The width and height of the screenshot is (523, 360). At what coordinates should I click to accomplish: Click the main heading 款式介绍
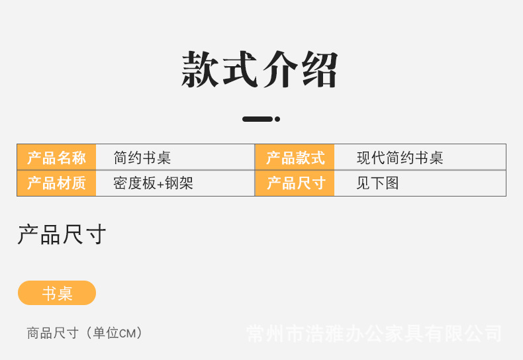260,69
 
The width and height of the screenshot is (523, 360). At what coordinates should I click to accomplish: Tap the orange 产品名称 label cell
56,157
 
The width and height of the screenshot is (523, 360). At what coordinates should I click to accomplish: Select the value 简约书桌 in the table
142,157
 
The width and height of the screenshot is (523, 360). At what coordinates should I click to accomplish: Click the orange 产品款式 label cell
295,157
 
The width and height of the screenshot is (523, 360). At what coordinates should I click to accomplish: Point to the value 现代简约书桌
400,157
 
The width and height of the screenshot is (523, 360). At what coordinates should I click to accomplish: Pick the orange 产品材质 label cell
56,183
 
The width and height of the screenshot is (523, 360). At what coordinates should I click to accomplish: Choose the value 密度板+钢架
153,183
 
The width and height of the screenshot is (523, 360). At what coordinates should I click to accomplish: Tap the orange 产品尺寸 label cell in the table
295,183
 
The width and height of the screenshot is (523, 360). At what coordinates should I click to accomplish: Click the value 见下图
377,183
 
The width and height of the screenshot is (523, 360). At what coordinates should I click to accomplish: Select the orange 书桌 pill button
57,293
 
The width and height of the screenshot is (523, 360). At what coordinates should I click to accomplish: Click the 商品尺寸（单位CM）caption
85,333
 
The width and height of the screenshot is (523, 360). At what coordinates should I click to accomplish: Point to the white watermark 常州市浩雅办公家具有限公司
373,333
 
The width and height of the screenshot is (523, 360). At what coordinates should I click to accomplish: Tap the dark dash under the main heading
258,119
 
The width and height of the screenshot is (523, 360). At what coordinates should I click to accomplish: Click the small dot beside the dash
277,119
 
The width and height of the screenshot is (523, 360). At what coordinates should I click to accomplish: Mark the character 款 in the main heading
201,69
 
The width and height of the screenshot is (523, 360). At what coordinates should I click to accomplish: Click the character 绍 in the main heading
320,69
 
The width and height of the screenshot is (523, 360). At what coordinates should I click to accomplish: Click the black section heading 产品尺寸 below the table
62,235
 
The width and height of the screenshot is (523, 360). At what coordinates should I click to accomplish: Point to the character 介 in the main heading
281,69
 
